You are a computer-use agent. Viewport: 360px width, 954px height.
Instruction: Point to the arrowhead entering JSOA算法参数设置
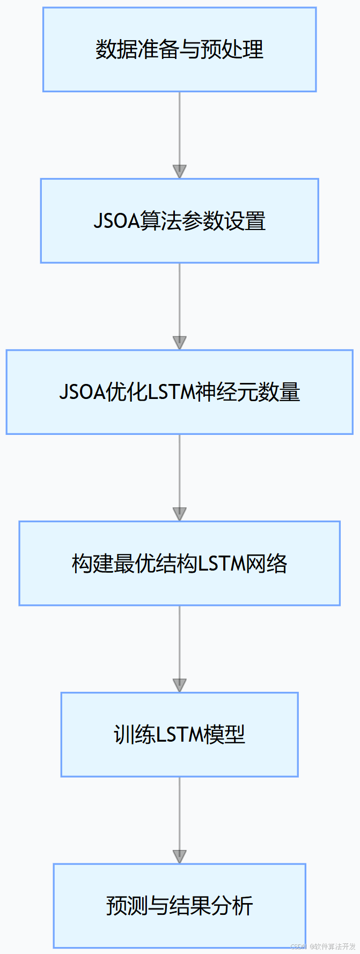(x=179, y=172)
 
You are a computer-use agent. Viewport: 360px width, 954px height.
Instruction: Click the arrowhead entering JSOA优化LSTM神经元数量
(x=179, y=343)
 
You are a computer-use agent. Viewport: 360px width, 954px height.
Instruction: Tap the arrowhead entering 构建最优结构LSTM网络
(x=179, y=514)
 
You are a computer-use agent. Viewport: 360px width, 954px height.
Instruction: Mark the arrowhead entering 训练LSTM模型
(x=179, y=685)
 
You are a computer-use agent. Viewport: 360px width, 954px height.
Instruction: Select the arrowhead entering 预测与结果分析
(x=179, y=856)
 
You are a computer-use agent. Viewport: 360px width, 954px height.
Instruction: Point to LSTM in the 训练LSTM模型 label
(x=177, y=735)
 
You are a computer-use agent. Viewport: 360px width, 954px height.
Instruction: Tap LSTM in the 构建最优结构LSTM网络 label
(x=221, y=564)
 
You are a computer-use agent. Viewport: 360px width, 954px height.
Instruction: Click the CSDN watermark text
(x=298, y=946)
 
